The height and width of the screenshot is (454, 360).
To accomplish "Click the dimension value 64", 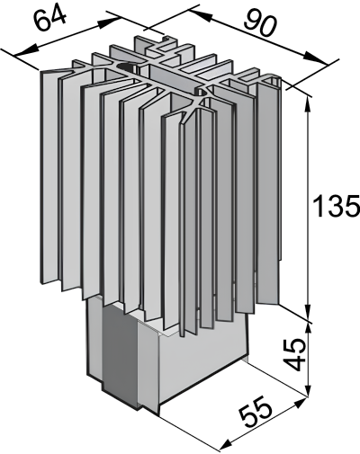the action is point(49,19).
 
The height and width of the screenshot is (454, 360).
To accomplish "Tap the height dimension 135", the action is point(336,206).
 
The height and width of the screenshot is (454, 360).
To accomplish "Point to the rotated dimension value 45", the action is point(294,355).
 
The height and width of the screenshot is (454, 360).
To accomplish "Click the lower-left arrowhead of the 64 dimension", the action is point(26,50).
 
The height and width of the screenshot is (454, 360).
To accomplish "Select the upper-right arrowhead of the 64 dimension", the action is point(110,22).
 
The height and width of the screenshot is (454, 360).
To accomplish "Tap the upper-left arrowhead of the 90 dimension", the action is point(200,14).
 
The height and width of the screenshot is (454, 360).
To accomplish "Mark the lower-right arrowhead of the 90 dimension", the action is point(317,58).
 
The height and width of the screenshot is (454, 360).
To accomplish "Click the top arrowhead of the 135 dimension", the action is point(308,107).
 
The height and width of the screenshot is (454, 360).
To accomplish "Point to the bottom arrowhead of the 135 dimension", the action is point(308,312).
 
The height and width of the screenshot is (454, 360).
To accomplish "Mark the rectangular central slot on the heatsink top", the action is point(174,76).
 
